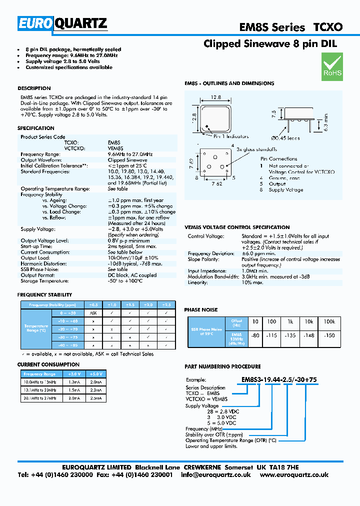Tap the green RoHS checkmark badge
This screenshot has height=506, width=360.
(332, 67)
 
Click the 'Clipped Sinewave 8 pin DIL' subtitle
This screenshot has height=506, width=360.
(270, 44)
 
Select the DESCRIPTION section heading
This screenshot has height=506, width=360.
(34, 88)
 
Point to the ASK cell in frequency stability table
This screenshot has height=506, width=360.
(93, 312)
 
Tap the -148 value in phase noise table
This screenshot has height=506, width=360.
(309, 335)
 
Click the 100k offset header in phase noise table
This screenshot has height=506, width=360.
(329, 321)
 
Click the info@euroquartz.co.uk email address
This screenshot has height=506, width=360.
(216, 475)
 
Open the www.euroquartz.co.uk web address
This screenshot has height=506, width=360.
(294, 475)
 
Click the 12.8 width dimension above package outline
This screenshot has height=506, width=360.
(215, 98)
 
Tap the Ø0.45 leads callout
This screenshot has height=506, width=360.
(286, 137)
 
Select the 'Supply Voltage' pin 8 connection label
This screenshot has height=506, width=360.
(285, 190)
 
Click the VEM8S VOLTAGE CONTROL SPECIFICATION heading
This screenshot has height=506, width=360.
(237, 227)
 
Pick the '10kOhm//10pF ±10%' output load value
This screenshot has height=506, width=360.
(129, 258)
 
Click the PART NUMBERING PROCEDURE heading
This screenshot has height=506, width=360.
(222, 366)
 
